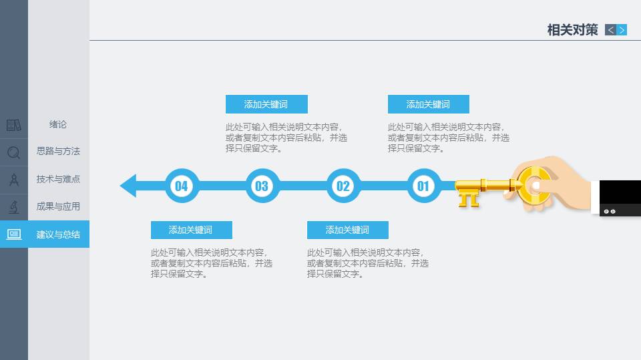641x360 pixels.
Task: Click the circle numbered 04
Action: point(182,186)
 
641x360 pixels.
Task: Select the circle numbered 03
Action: point(262,186)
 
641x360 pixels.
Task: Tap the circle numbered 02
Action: point(343,186)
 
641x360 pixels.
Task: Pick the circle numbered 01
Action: point(423,186)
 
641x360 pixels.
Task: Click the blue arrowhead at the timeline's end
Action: point(128,186)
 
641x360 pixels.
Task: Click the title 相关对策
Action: point(572,30)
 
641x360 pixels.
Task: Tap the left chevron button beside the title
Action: point(610,30)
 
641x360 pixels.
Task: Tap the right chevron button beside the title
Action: point(622,30)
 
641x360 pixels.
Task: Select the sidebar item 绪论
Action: point(58,124)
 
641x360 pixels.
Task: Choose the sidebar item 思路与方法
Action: point(58,151)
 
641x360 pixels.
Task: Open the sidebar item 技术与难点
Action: point(58,179)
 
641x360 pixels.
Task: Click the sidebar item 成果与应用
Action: point(58,206)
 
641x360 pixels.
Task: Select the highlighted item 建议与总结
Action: point(58,234)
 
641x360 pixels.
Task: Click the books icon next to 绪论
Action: point(13,125)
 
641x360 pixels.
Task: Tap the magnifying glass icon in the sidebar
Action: point(13,152)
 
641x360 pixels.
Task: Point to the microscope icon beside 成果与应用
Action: point(13,208)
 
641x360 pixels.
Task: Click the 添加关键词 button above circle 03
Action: point(266,104)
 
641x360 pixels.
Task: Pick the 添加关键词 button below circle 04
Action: point(192,230)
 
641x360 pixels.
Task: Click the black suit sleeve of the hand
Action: point(620,198)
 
